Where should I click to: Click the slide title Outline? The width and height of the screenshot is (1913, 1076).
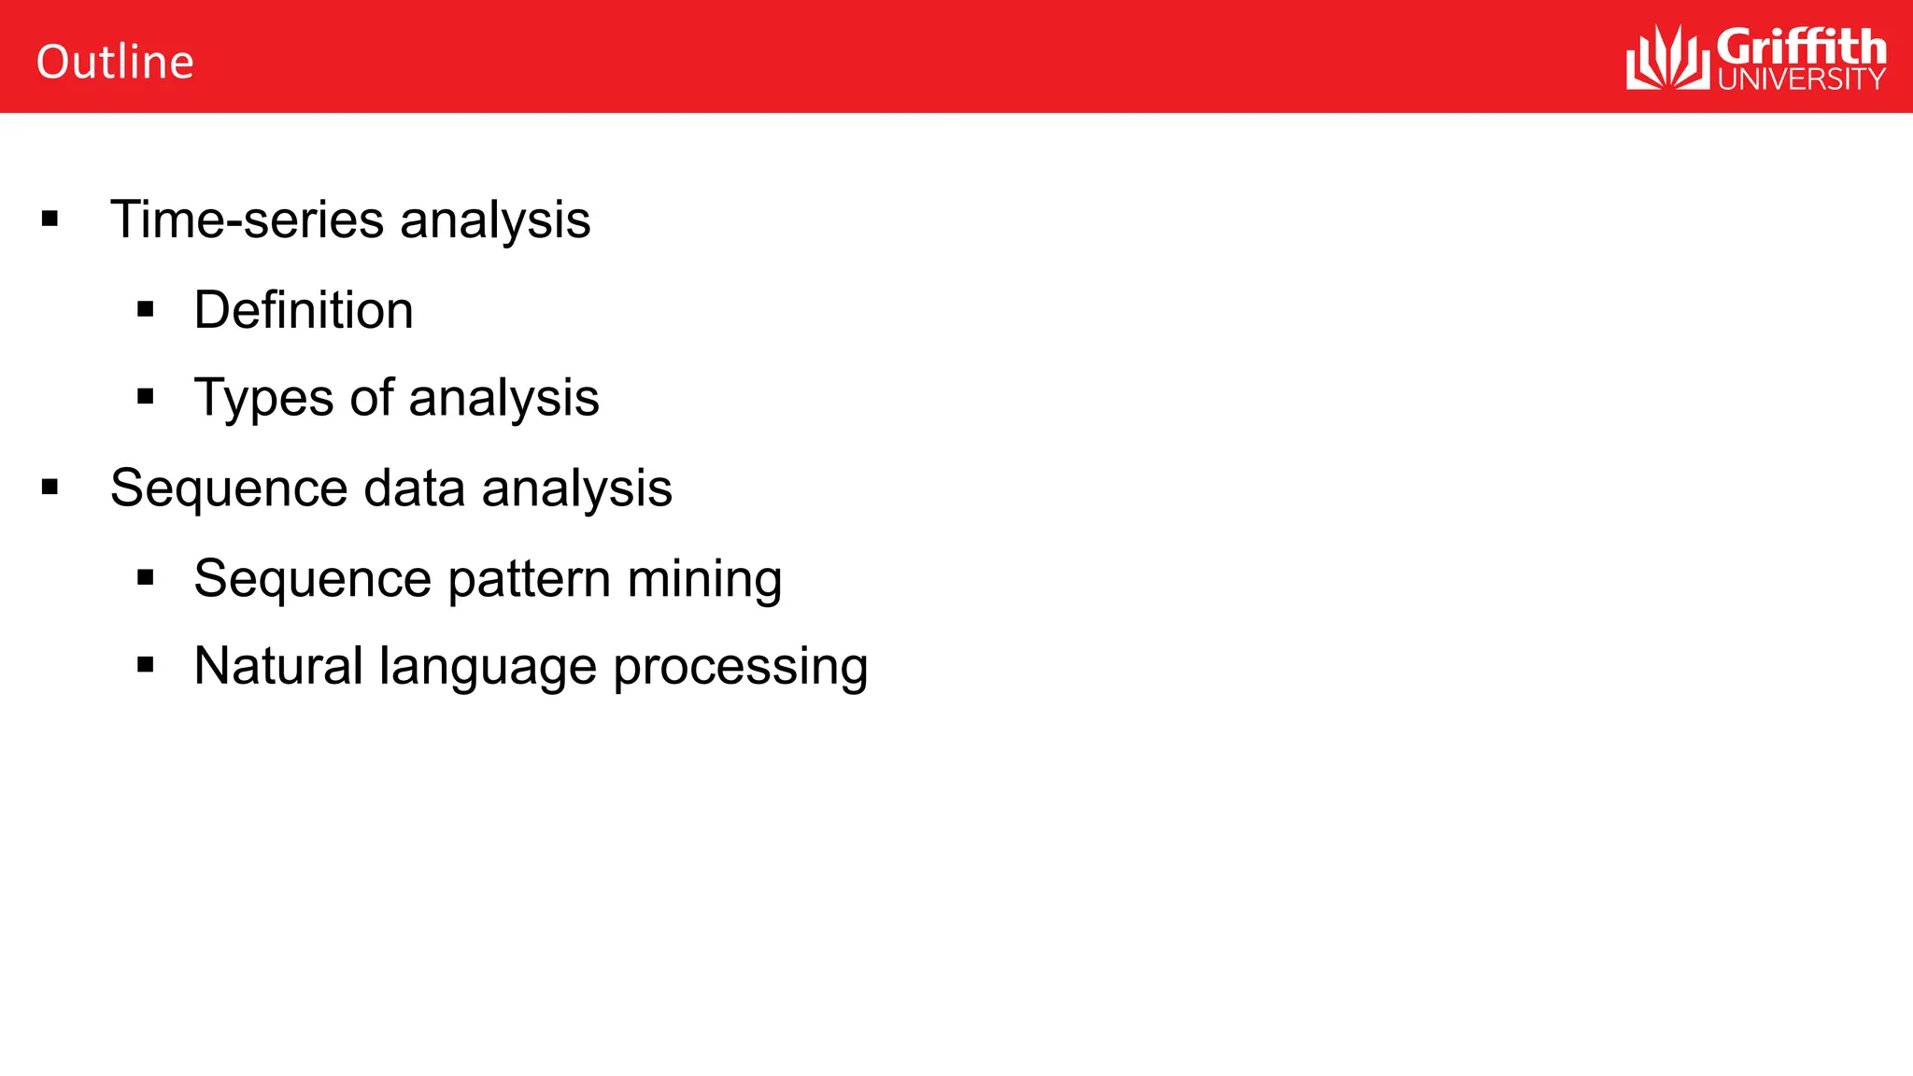tap(115, 62)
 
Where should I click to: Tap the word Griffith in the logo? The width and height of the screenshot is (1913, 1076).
tap(1801, 47)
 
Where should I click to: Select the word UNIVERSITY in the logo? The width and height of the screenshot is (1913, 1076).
tap(1801, 79)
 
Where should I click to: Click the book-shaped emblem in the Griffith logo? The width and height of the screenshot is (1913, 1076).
tap(1667, 58)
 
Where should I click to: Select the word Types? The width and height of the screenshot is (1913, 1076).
tap(262, 398)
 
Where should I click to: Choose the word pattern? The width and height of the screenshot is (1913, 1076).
tap(529, 579)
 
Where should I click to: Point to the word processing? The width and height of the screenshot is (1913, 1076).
tap(740, 668)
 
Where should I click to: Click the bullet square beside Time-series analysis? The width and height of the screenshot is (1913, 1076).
tap(50, 219)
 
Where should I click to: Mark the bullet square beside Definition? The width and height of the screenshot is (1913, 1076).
tap(145, 309)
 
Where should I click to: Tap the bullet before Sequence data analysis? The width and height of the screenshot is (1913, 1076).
tap(50, 487)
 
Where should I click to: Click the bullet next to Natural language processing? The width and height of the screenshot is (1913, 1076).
tap(145, 665)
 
